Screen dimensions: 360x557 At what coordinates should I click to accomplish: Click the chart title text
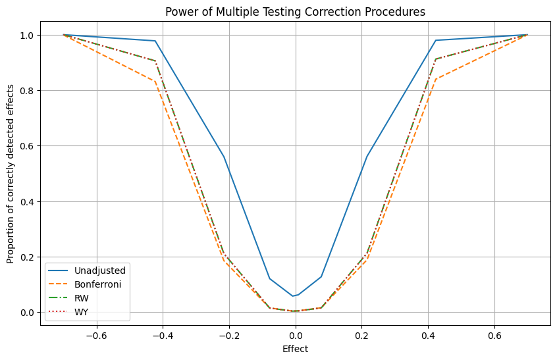pyautogui.click(x=295, y=11)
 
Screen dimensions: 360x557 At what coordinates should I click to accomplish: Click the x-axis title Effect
pyautogui.click(x=295, y=349)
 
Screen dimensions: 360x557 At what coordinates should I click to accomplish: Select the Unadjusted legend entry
pyautogui.click(x=86, y=270)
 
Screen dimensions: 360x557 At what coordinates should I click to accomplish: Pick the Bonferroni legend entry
pyautogui.click(x=86, y=284)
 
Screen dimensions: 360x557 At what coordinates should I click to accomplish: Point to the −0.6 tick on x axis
pyautogui.click(x=97, y=334)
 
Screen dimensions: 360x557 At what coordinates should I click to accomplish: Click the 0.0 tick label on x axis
pyautogui.click(x=295, y=334)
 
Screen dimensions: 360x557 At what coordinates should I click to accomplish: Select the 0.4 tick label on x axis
pyautogui.click(x=428, y=334)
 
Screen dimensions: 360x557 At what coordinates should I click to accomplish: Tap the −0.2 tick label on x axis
pyautogui.click(x=163, y=334)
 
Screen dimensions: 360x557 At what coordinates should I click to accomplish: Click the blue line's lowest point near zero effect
pyautogui.click(x=293, y=296)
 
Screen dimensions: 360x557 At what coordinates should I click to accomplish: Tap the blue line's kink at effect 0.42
pyautogui.click(x=436, y=40)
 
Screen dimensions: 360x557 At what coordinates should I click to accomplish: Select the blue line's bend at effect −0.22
pyautogui.click(x=223, y=157)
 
